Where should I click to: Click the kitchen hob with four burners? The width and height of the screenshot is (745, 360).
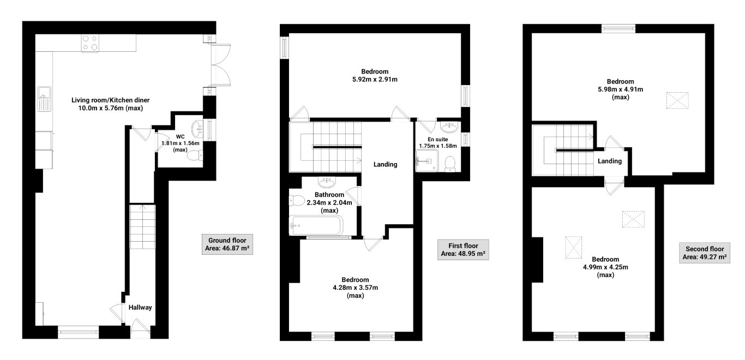[90, 43]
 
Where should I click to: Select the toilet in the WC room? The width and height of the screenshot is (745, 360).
[194, 157]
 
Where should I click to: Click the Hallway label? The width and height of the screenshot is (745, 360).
[140, 308]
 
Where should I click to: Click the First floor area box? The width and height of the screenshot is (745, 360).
[463, 249]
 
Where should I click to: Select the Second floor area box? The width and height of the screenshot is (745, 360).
[705, 252]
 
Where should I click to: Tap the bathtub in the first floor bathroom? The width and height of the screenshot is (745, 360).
[316, 225]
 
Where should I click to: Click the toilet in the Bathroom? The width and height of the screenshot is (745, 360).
[297, 200]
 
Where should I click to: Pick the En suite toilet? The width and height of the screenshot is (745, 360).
[450, 163]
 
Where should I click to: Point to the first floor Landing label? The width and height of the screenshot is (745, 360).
[385, 164]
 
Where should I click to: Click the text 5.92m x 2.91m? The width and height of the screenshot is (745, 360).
[375, 80]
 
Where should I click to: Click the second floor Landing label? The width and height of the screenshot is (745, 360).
[609, 161]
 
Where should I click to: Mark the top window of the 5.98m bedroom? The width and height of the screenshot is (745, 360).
[618, 28]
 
